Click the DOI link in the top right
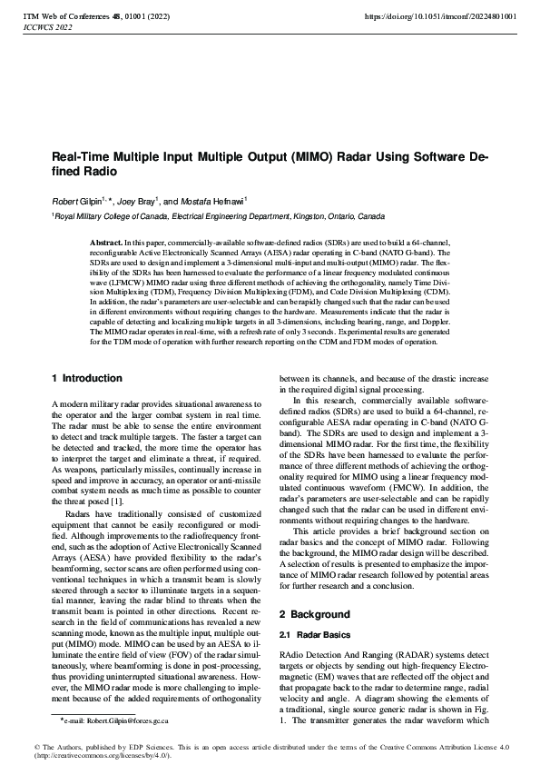point(440,16)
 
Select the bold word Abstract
point(107,244)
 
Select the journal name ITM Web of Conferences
point(66,16)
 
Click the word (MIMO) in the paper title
point(289,156)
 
